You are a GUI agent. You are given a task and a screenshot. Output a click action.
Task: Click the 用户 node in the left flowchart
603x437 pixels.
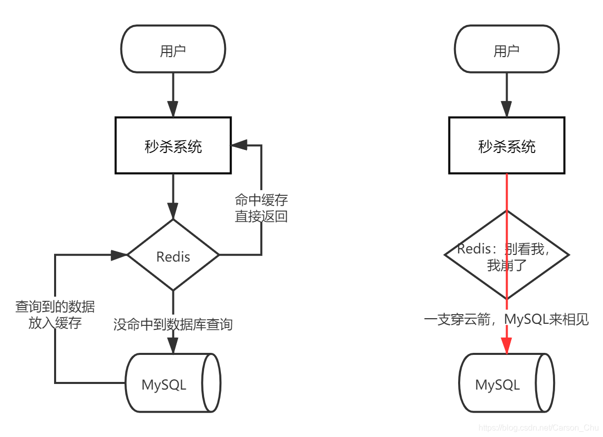pyautogui.click(x=173, y=50)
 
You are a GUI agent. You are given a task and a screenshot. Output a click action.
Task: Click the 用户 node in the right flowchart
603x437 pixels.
pyautogui.click(x=507, y=50)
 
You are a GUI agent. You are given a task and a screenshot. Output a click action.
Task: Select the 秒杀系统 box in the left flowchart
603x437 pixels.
pyautogui.click(x=173, y=146)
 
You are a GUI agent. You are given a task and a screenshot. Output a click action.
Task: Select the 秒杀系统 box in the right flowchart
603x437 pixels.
pyautogui.click(x=507, y=146)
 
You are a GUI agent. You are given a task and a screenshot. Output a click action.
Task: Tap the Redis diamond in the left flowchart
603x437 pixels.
pyautogui.click(x=173, y=255)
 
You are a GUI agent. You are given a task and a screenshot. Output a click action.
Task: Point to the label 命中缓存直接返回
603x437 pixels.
pyautogui.click(x=261, y=208)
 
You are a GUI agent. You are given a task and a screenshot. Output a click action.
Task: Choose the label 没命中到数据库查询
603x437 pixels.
pyautogui.click(x=173, y=324)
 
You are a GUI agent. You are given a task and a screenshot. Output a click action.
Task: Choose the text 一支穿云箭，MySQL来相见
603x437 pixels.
pyautogui.click(x=507, y=320)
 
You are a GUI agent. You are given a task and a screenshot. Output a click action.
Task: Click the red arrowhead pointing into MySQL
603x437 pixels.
pyautogui.click(x=507, y=345)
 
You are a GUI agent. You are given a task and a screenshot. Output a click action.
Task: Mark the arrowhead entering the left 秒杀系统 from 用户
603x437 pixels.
pyautogui.click(x=173, y=109)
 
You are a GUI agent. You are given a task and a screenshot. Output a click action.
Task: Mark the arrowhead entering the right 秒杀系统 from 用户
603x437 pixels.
pyautogui.click(x=507, y=109)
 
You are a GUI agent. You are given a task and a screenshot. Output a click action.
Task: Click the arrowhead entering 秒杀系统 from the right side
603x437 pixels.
pyautogui.click(x=239, y=145)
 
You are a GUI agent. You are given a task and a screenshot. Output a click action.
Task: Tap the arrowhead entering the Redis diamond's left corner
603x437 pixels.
pyautogui.click(x=119, y=254)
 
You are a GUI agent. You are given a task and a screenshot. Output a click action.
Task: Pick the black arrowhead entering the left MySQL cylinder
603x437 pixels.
pyautogui.click(x=173, y=346)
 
